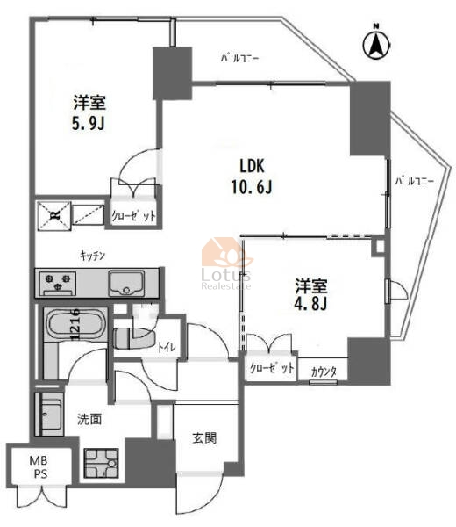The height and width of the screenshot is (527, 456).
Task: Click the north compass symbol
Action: pyautogui.click(x=376, y=44)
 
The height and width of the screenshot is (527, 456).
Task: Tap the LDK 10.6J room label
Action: pyautogui.click(x=252, y=177)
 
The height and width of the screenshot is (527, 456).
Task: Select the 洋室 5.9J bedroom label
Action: pyautogui.click(x=89, y=113)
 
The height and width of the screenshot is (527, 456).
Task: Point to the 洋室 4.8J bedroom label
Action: pyautogui.click(x=310, y=294)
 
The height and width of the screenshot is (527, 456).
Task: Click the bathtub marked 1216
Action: pyautogui.click(x=75, y=323)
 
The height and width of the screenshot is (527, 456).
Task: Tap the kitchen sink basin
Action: pyautogui.click(x=126, y=283)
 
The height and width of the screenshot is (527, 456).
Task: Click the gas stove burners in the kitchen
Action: pyautogui.click(x=57, y=283)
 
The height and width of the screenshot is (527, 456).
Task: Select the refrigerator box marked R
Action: pyautogui.click(x=54, y=216)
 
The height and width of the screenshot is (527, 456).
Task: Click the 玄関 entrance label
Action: pyautogui.click(x=204, y=438)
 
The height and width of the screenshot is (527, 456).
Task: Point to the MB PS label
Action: pyautogui.click(x=39, y=467)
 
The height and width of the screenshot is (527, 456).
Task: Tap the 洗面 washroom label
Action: pyautogui.click(x=89, y=419)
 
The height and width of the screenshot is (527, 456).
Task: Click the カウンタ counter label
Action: pyautogui.click(x=324, y=372)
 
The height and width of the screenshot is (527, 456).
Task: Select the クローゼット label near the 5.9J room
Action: pyautogui.click(x=133, y=216)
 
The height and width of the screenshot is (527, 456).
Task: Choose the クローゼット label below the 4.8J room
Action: pyautogui.click(x=272, y=368)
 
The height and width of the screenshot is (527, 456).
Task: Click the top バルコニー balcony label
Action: pyautogui.click(x=239, y=59)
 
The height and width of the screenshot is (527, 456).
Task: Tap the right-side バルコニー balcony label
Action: pyautogui.click(x=415, y=182)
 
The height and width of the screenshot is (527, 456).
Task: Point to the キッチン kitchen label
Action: pyautogui.click(x=93, y=256)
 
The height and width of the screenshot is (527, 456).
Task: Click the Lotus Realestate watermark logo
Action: pyautogui.click(x=226, y=263)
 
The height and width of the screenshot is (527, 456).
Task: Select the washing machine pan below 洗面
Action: pyautogui.click(x=101, y=463)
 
